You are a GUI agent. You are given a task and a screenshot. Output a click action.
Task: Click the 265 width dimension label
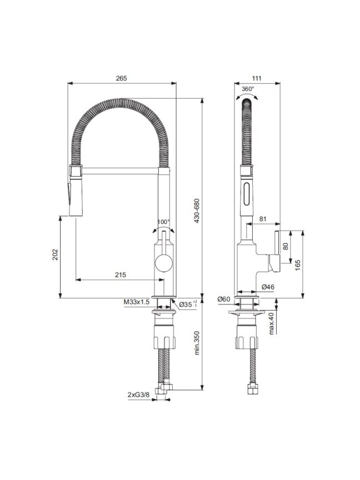(x=121, y=78)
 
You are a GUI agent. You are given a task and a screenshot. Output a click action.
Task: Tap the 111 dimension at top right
(x=257, y=78)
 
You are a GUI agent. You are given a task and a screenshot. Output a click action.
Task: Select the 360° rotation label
(x=248, y=89)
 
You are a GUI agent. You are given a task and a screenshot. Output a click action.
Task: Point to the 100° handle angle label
(x=163, y=222)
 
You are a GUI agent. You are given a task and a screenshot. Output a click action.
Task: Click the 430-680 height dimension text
(x=197, y=211)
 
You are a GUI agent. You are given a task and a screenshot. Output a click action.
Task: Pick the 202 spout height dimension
(x=55, y=254)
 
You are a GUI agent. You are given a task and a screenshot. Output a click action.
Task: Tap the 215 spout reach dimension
(x=121, y=274)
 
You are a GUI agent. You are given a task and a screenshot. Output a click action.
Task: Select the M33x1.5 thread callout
(x=137, y=302)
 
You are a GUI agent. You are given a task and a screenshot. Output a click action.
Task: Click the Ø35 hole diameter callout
(x=188, y=304)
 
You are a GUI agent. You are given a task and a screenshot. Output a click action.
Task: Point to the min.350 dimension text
(x=197, y=343)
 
